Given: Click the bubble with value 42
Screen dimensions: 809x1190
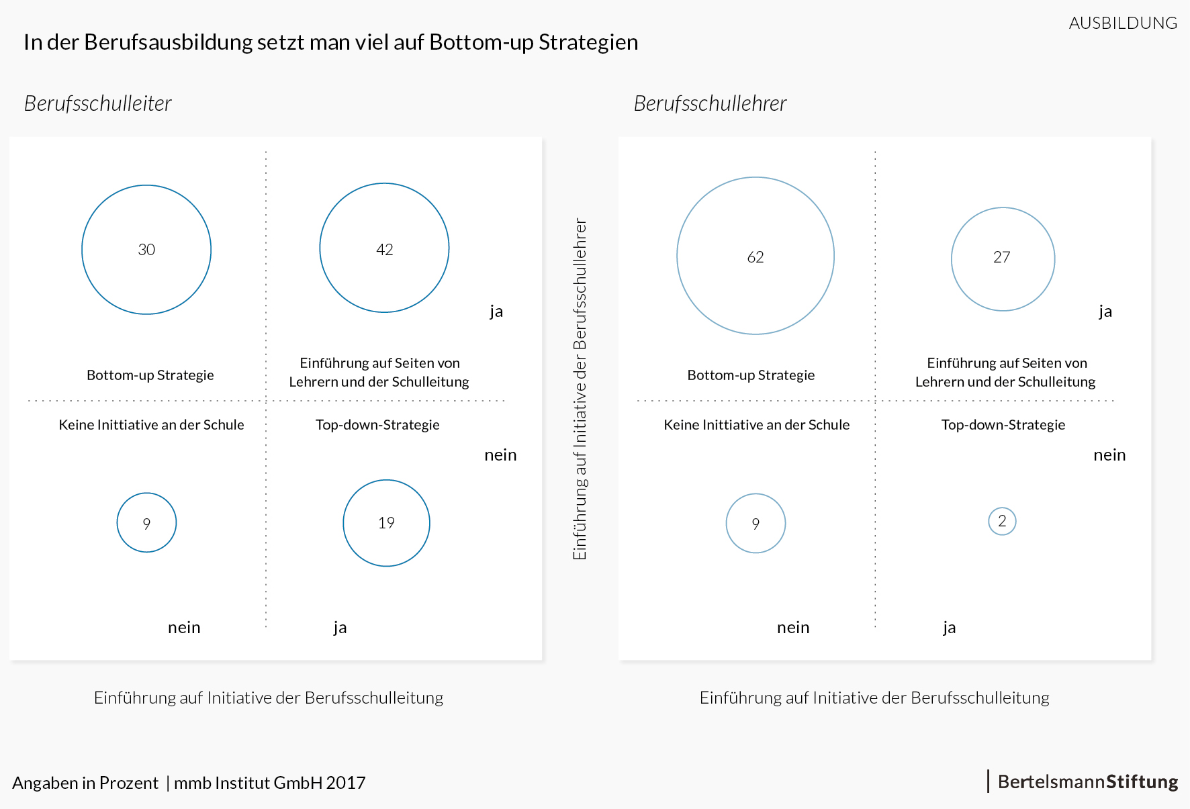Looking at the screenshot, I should click(x=384, y=248).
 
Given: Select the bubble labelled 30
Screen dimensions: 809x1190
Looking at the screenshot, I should click(x=146, y=250).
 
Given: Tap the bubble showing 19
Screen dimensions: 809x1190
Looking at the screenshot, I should click(x=386, y=523).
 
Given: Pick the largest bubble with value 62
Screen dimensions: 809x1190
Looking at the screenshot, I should click(x=756, y=256).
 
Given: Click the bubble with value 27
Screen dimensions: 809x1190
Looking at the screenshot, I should click(x=1003, y=258).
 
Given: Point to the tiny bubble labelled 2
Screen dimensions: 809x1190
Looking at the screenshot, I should click(x=1002, y=521).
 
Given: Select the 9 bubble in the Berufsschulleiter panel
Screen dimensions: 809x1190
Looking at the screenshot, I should click(x=146, y=523).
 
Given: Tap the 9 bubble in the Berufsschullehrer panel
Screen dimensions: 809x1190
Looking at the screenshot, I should click(x=756, y=524).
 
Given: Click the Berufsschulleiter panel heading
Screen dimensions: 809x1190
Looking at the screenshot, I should click(x=98, y=103).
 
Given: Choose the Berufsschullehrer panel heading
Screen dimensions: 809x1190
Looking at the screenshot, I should click(x=710, y=103).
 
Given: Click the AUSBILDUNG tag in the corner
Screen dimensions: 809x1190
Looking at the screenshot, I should click(x=1123, y=23).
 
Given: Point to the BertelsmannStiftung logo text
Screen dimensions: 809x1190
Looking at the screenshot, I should click(x=1087, y=782).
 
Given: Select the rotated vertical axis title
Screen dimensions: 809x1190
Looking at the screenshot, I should click(x=580, y=389).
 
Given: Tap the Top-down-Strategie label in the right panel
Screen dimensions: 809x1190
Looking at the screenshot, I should click(x=1003, y=424).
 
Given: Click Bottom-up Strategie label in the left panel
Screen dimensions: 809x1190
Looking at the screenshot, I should click(x=150, y=375).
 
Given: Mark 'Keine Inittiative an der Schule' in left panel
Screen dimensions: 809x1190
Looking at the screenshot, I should click(x=151, y=424).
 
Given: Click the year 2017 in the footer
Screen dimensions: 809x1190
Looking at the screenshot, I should click(x=346, y=783).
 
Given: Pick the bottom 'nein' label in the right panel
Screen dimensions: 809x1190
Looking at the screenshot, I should click(x=793, y=627).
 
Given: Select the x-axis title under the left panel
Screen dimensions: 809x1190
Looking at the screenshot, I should click(x=269, y=698).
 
